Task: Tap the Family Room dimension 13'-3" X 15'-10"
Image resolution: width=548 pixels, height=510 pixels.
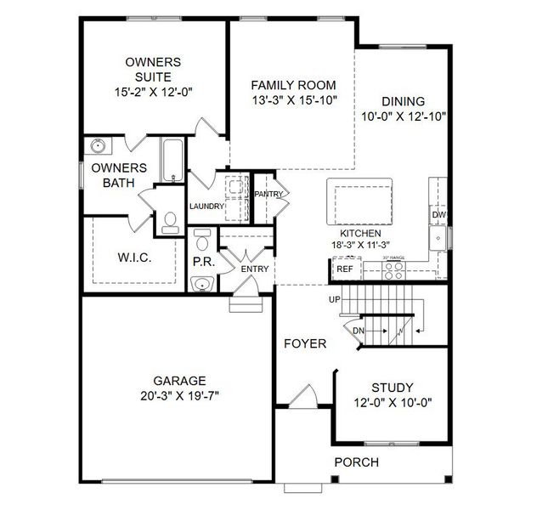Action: tap(292, 100)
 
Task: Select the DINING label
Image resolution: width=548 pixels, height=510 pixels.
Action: tap(403, 100)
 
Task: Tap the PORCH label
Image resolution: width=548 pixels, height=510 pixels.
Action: tap(356, 462)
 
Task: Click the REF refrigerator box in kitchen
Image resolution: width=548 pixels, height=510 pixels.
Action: tap(345, 269)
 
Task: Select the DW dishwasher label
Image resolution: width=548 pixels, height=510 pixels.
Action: tap(438, 216)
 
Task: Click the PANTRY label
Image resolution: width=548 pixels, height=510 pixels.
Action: tap(268, 195)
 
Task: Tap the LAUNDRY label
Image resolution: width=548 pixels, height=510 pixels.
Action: tap(206, 206)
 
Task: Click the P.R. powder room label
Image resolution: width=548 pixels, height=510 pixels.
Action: tap(202, 262)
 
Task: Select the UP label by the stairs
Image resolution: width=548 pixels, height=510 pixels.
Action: tap(334, 299)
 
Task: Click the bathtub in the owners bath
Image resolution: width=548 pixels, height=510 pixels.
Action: tap(169, 161)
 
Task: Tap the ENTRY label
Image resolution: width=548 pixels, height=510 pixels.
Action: tap(254, 269)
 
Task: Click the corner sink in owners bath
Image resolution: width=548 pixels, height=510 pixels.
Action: tap(97, 145)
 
